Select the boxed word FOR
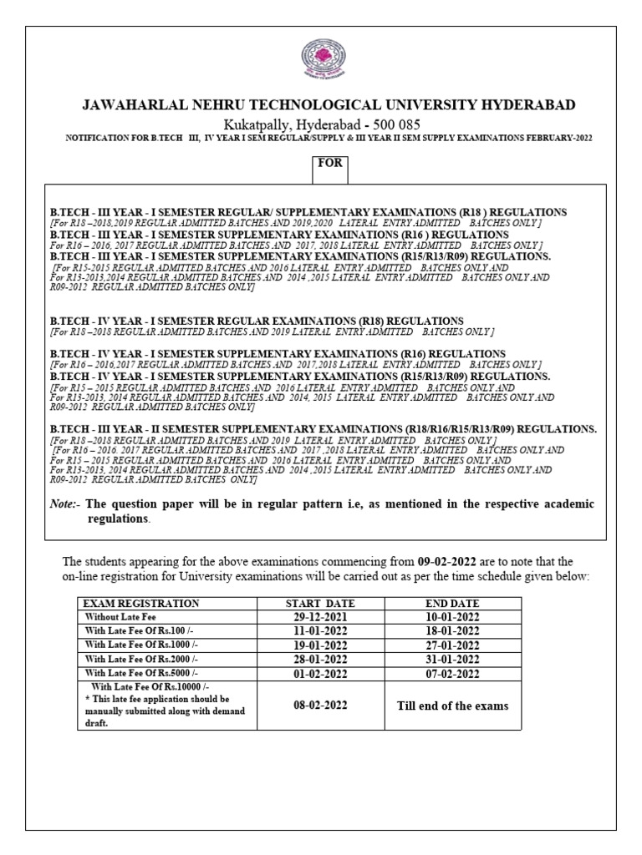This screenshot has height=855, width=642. click(329, 164)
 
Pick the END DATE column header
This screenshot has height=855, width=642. click(451, 603)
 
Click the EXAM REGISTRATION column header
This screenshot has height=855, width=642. click(140, 603)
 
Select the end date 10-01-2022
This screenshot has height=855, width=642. click(451, 617)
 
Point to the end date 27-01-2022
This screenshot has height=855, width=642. click(451, 645)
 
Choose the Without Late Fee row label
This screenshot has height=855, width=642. click(120, 617)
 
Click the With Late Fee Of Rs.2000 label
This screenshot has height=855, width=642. click(140, 659)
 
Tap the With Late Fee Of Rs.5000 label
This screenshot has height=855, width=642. click(140, 673)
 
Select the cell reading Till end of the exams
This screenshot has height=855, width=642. click(451, 706)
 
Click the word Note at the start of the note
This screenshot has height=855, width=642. click(64, 504)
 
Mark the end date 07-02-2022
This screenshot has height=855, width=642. click(451, 673)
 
